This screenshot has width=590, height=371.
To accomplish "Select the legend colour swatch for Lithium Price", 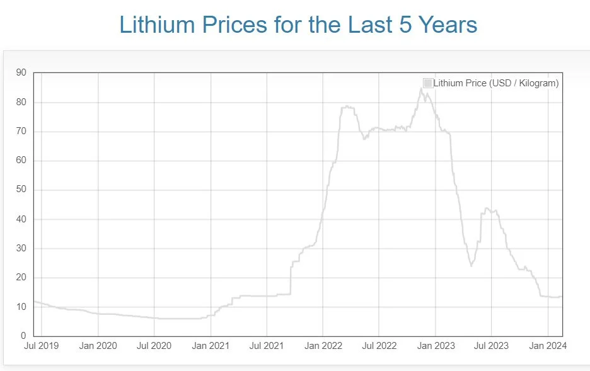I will [427, 83].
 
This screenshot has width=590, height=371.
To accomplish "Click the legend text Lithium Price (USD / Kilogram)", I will [495, 83].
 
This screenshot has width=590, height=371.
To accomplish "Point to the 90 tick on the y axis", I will [21, 73].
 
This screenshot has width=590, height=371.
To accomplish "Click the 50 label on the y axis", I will [21, 190].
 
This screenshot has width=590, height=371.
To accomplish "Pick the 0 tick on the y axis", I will [23, 336].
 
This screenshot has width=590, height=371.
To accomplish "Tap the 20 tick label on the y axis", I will [21, 277].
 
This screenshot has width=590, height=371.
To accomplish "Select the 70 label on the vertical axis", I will [21, 131].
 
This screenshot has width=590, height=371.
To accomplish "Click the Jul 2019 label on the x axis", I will [42, 346].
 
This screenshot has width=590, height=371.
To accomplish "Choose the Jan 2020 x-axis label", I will [98, 346].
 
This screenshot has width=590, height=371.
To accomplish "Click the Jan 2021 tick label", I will [211, 346].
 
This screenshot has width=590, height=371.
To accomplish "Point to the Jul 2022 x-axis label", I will [379, 346].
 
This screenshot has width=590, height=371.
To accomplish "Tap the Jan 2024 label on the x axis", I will [548, 346].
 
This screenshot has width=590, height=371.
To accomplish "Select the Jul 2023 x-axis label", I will [491, 346].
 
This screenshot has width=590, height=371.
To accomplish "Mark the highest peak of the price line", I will [421, 89].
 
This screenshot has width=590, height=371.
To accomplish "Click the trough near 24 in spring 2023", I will [471, 265].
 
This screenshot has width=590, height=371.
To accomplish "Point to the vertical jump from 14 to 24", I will [291, 280].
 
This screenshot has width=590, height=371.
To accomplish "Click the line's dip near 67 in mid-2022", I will [364, 139].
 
